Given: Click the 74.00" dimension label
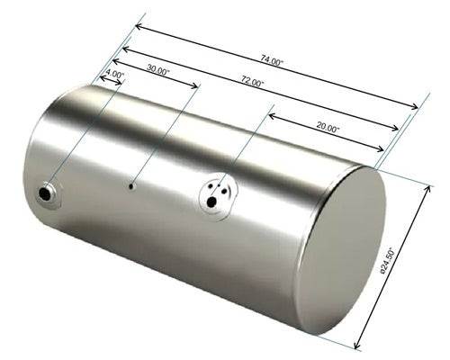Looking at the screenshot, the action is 272,60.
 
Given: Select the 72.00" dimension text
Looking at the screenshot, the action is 253,82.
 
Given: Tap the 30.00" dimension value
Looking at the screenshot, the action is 158,70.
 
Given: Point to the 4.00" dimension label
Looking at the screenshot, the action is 115,74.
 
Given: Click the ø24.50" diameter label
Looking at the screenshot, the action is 387,260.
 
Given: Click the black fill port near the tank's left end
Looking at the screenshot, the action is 45,193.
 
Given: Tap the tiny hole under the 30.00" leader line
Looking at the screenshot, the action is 131,186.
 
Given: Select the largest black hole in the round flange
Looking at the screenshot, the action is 211,202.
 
